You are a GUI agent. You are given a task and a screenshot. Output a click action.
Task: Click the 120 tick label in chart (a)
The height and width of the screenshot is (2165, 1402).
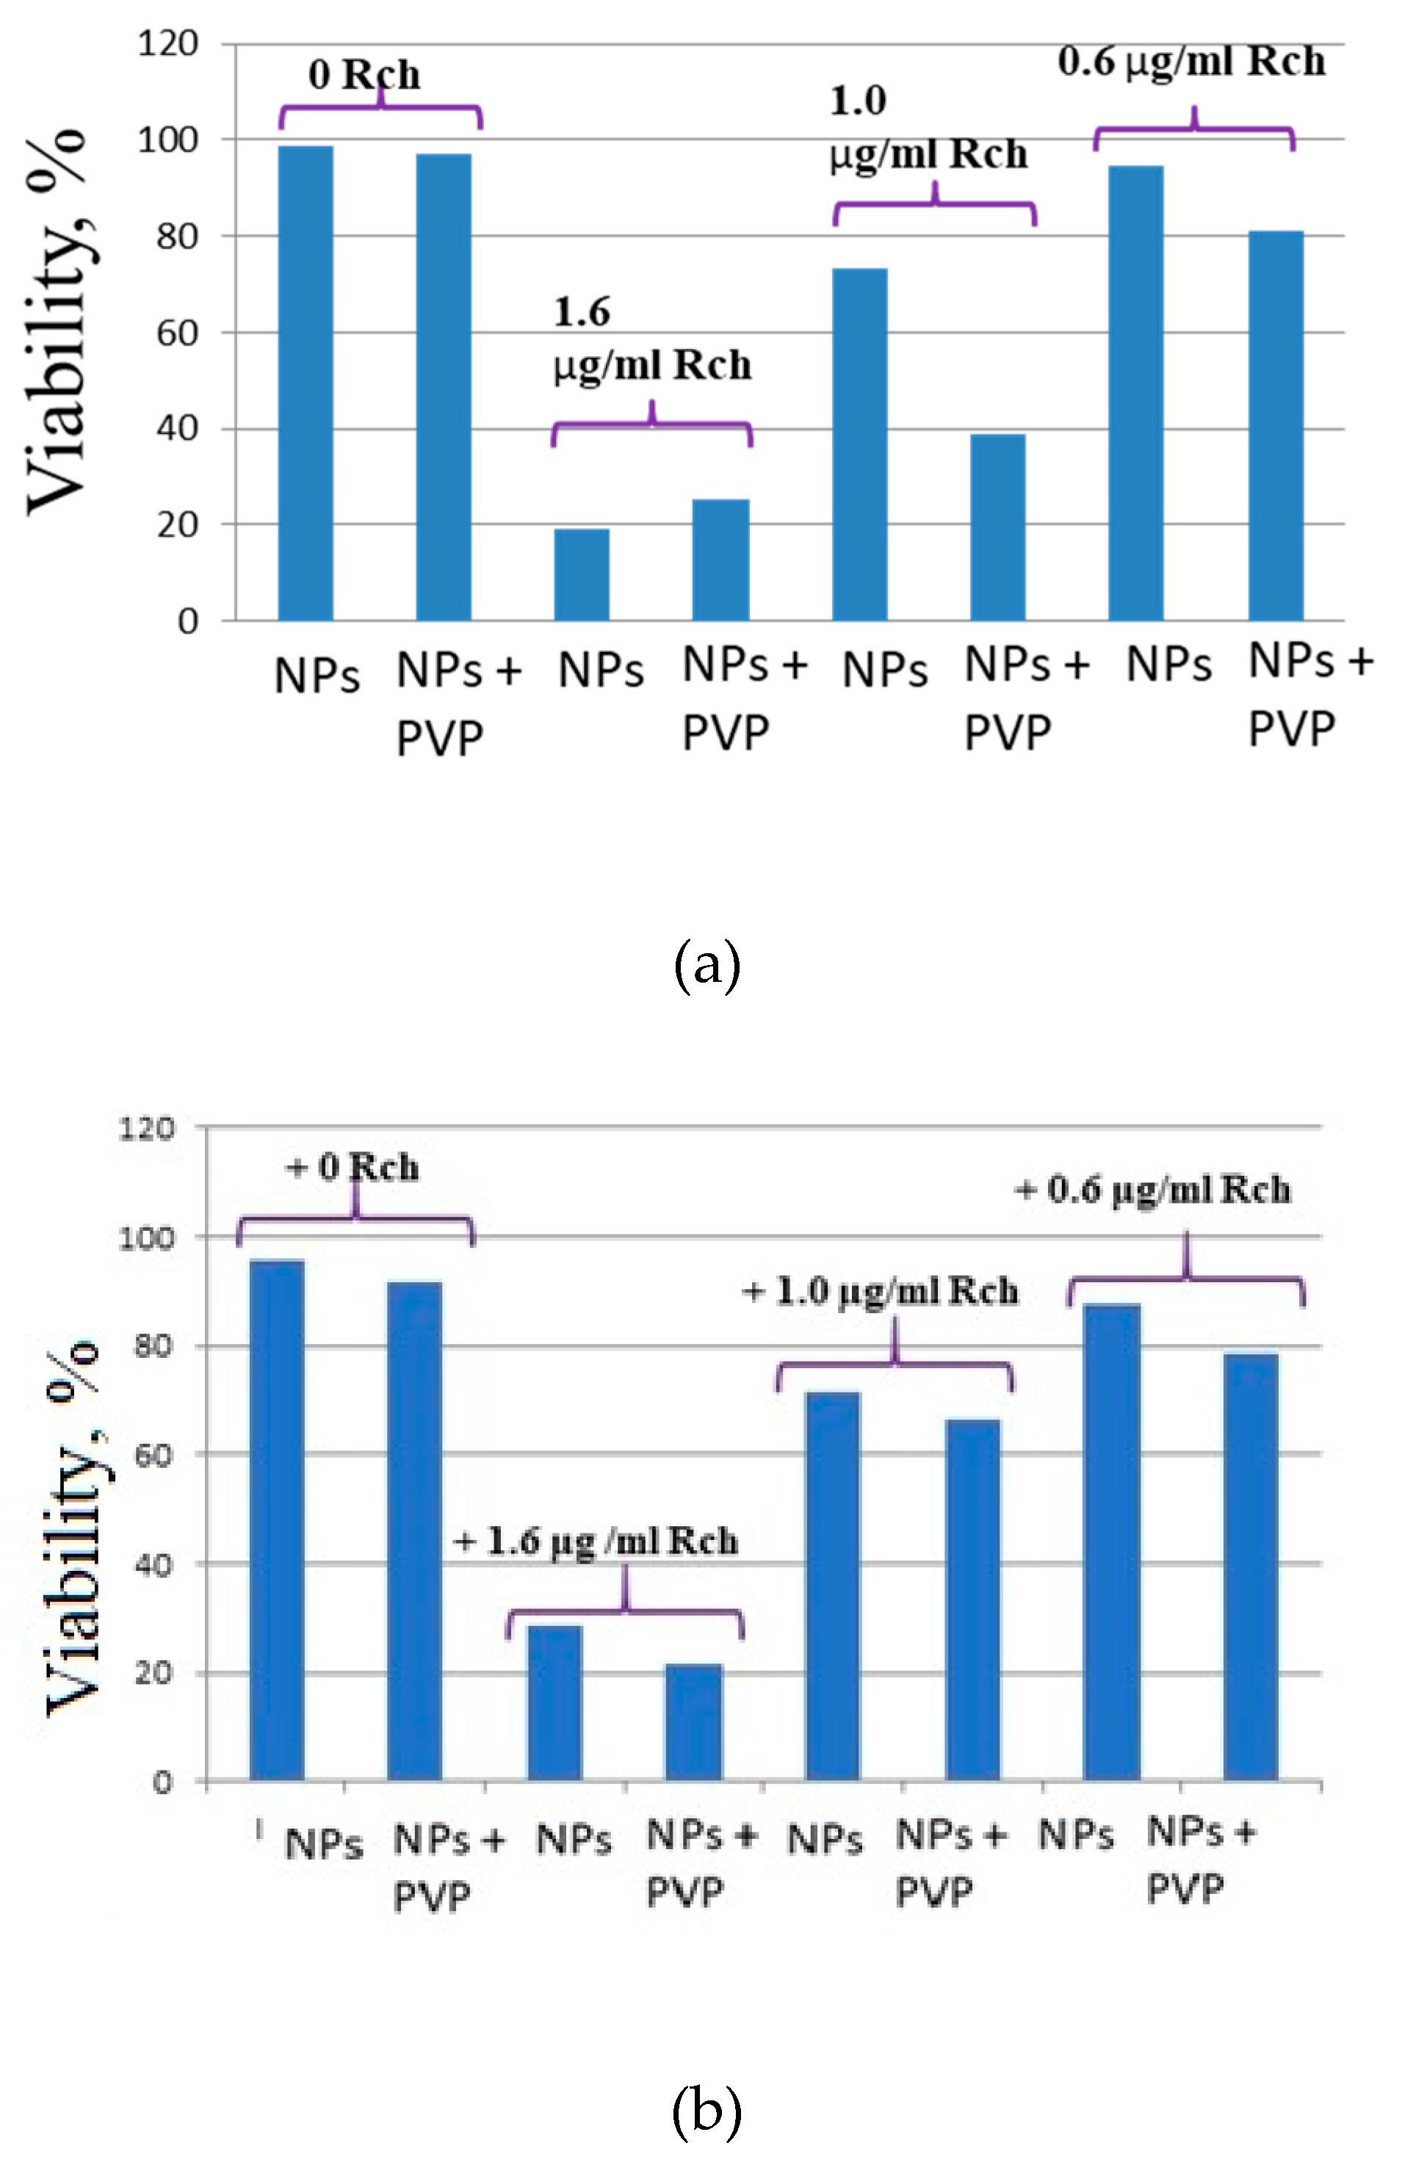coord(167,43)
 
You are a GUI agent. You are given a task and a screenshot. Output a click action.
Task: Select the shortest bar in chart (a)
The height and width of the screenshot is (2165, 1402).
coord(582,574)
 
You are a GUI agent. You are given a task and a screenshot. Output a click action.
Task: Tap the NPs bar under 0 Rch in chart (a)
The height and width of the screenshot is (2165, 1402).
coord(305,382)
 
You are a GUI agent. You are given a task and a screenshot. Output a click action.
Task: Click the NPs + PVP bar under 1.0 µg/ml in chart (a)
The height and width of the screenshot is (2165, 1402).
coord(997,527)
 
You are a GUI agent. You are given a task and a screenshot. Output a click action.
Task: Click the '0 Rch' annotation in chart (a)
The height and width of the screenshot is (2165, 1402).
coord(364,75)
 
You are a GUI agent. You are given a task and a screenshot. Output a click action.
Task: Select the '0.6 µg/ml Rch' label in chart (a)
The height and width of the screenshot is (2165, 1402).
coord(1191,62)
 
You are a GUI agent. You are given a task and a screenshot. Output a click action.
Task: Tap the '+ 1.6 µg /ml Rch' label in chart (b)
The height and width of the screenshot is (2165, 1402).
coord(595,1541)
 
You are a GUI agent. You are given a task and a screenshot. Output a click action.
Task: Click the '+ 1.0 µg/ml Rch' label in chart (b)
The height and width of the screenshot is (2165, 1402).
coord(880,1292)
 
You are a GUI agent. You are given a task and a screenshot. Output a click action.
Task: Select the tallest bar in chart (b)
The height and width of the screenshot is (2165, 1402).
coord(277,1520)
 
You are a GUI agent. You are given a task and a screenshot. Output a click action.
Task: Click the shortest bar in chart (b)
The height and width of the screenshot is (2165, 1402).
coord(693,1722)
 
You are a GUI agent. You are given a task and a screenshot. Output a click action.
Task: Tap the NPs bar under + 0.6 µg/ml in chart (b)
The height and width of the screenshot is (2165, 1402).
coord(1111,1542)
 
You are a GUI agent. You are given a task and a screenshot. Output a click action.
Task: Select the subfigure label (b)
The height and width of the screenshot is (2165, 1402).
coord(707,2111)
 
